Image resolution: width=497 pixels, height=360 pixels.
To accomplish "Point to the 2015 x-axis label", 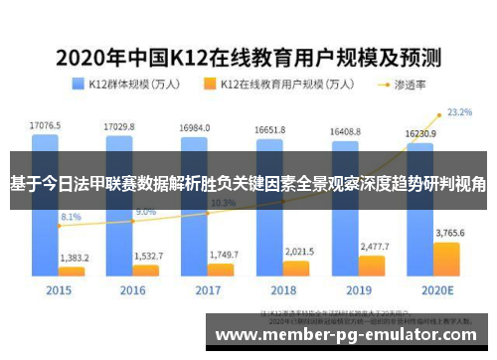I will (58, 290).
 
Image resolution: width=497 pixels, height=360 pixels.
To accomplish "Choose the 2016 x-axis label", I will (132, 290).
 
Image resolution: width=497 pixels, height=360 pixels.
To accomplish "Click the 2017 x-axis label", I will (209, 290).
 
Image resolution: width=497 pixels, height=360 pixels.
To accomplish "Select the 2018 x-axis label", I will (284, 290).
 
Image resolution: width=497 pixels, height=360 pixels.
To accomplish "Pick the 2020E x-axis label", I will (435, 290).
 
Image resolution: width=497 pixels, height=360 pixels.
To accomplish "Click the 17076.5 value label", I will (45, 126).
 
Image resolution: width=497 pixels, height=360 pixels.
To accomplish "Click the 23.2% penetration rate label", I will (459, 112).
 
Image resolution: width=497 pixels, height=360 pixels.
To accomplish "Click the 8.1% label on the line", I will (72, 216).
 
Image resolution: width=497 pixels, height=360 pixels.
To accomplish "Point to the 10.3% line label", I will (223, 203).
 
